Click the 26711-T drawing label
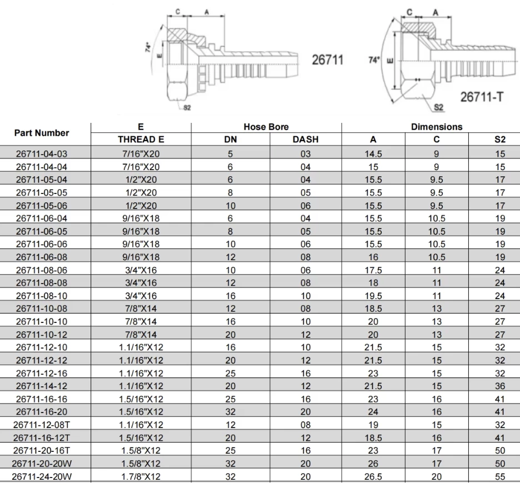[x=482, y=96]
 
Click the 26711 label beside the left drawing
[x=327, y=60]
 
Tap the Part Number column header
[x=42, y=133]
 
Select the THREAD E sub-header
[x=141, y=140]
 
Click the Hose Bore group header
[x=266, y=127]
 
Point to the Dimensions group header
[x=436, y=127]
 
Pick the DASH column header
[x=306, y=140]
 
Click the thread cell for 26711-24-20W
[x=141, y=476]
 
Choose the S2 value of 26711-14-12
[x=500, y=386]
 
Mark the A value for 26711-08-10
[x=373, y=296]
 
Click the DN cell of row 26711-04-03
[x=230, y=153]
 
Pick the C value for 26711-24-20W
[x=436, y=476]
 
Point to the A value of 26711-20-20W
[x=373, y=463]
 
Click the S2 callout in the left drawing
[x=187, y=107]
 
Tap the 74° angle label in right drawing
[x=374, y=58]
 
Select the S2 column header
[x=500, y=140]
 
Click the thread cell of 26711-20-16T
[x=141, y=450]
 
